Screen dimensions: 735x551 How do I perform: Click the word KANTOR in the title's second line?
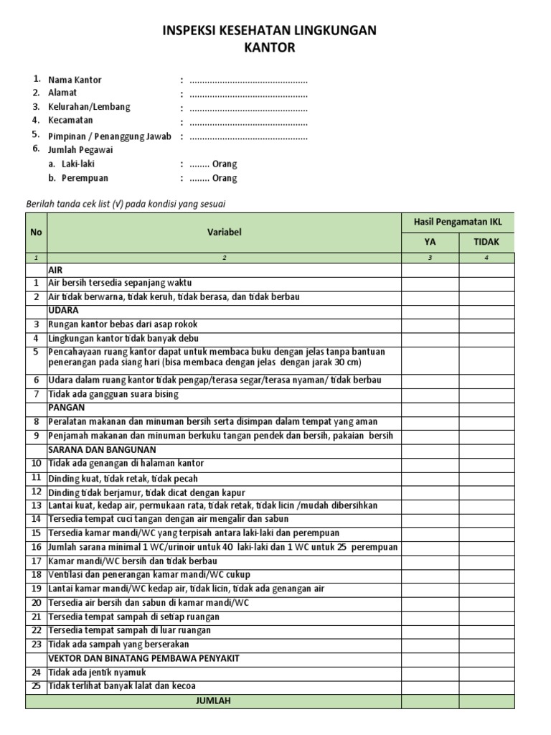pyautogui.click(x=270, y=48)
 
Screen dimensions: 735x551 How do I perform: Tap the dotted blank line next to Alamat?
pyautogui.click(x=248, y=93)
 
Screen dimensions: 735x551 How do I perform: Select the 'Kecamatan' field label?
pyautogui.click(x=70, y=121)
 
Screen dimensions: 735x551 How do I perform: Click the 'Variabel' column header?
pyautogui.click(x=225, y=232)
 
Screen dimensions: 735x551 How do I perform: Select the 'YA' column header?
pyautogui.click(x=430, y=242)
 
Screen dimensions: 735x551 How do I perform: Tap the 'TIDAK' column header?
pyautogui.click(x=486, y=242)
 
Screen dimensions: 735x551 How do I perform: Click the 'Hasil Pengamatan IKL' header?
pyautogui.click(x=458, y=223)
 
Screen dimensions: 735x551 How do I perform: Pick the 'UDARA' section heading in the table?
pyautogui.click(x=64, y=310)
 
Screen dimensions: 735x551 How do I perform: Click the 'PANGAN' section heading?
pyautogui.click(x=66, y=408)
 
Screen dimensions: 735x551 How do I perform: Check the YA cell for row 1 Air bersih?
pyautogui.click(x=430, y=283)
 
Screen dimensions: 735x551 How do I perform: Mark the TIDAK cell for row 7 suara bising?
pyautogui.click(x=486, y=394)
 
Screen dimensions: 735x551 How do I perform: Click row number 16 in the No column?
pyautogui.click(x=36, y=548)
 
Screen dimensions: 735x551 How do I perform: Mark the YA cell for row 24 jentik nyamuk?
pyautogui.click(x=430, y=673)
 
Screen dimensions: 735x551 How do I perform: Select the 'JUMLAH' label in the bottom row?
pyautogui.click(x=213, y=701)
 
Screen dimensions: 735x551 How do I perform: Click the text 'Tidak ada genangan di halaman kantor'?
pyautogui.click(x=126, y=464)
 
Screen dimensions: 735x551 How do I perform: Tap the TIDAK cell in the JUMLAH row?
pyautogui.click(x=486, y=701)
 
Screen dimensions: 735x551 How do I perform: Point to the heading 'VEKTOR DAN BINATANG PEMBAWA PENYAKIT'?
pyautogui.click(x=143, y=658)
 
